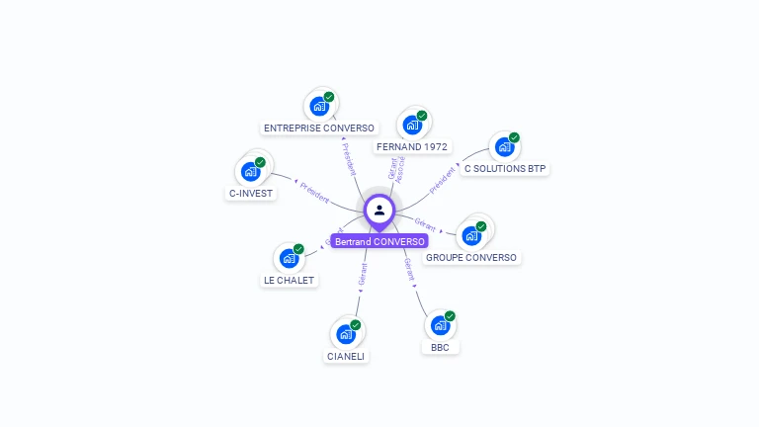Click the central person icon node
point(379,210)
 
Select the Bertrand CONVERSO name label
point(379,241)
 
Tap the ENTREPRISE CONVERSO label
point(319,128)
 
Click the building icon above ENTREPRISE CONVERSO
point(318,106)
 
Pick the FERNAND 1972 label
point(412,146)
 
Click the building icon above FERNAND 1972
point(411,126)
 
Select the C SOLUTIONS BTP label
point(505,168)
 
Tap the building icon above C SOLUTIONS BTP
point(504,147)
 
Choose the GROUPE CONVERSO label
point(471,257)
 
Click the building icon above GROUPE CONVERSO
point(471,235)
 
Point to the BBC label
point(440,347)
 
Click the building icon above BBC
point(440,325)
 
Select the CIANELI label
point(346,356)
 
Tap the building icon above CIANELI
point(345,334)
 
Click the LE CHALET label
point(289,280)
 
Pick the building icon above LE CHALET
point(289,258)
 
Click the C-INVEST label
point(251,193)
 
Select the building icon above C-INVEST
point(250,171)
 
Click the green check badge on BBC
point(450,316)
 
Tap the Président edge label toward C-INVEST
point(314,191)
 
